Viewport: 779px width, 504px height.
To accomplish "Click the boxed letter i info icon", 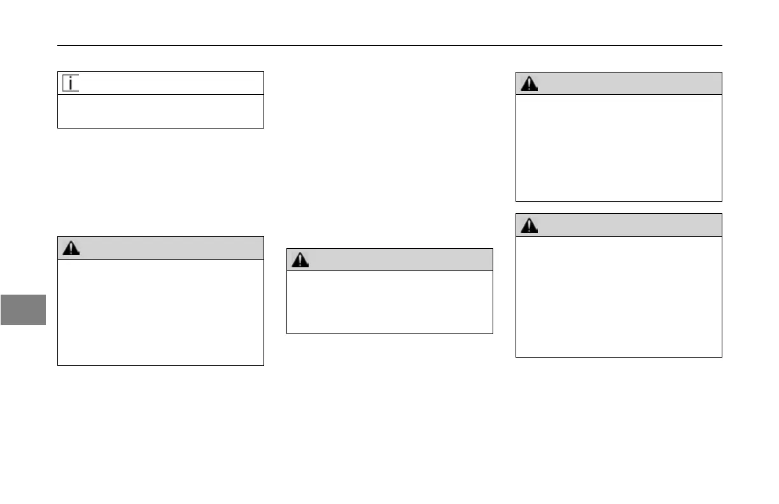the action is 71,83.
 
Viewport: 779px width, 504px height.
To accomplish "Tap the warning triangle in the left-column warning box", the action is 71,249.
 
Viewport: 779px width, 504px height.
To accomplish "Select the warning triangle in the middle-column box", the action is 300,260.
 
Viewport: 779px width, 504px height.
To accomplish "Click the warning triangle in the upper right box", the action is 529,84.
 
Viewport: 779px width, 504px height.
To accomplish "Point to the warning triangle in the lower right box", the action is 529,225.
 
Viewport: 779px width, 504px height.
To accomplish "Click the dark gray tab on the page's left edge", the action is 23,309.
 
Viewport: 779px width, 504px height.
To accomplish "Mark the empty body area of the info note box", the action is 160,111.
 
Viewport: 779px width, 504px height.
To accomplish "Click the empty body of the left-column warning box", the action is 160,312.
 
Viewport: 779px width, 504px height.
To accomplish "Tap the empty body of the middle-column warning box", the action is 389,302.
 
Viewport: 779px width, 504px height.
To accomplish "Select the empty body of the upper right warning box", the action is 619,148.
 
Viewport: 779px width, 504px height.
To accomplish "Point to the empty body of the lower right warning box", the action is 619,297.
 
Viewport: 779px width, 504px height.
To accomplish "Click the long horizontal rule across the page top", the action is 389,45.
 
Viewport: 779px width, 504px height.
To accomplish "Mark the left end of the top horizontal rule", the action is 59,45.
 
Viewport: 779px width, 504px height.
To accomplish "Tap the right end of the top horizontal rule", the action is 721,45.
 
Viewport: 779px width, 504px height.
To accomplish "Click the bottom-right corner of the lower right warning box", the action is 722,357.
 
